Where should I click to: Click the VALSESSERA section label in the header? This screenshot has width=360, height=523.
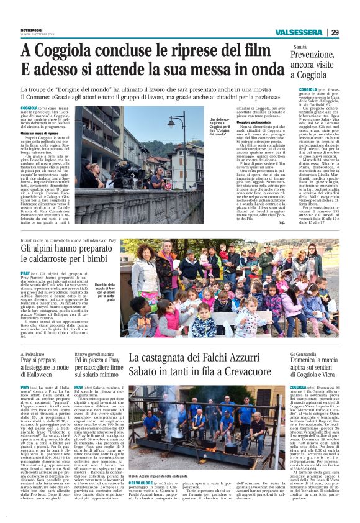click(x=297, y=32)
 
